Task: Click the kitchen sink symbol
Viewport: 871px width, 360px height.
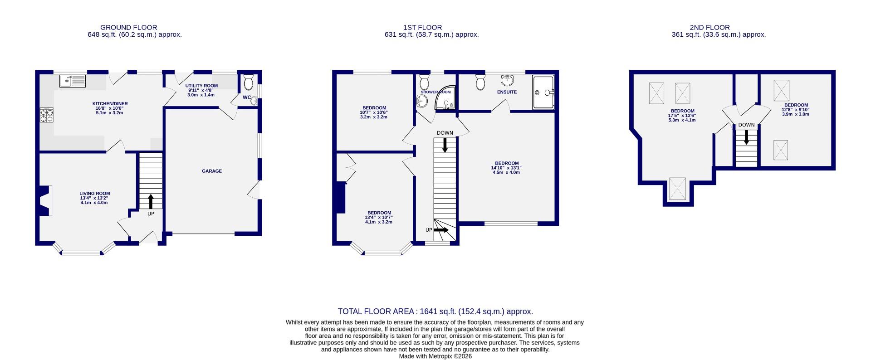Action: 73,81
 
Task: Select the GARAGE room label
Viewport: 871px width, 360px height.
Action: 212,171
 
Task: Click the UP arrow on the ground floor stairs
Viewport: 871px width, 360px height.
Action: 151,201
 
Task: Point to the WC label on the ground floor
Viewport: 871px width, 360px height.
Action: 247,97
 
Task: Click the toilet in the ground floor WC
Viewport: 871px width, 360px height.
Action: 248,83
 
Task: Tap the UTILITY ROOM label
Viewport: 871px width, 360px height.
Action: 201,86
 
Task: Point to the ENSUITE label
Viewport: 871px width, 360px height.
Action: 507,92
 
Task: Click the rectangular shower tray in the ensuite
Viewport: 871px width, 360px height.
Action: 543,92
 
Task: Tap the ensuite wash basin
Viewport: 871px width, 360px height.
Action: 508,81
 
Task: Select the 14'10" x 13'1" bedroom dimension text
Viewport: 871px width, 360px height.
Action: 507,170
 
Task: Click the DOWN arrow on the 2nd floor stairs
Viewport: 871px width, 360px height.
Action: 746,137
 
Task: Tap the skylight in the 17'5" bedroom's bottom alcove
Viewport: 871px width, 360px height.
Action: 678,189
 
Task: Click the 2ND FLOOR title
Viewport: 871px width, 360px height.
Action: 710,28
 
